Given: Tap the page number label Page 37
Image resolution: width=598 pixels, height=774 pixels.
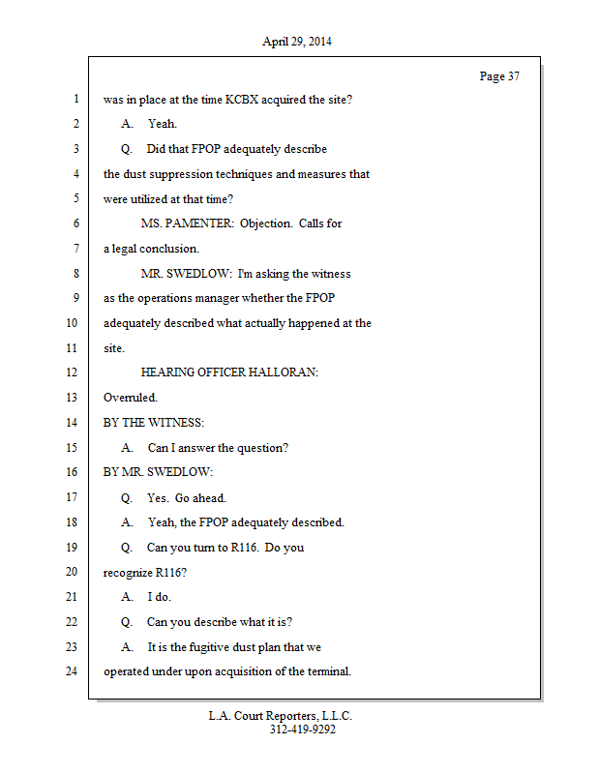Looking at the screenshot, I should pos(499,76).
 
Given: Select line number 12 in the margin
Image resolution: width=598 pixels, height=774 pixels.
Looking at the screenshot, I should pos(74,372).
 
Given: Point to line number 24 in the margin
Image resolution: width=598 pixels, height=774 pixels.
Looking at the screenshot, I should pos(74,670).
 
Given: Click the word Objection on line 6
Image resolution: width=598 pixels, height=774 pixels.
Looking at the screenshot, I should pos(265,223).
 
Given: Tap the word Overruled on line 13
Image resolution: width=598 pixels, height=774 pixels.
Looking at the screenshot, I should pos(130,397).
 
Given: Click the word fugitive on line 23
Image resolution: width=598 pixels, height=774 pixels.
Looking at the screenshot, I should pos(225,646).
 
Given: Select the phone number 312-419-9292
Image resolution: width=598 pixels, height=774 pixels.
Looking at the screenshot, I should pos(302,730).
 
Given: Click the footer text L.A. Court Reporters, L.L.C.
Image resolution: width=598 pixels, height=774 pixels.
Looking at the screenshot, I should pos(281,716).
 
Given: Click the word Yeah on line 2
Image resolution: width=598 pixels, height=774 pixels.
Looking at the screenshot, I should pos(162,124).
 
